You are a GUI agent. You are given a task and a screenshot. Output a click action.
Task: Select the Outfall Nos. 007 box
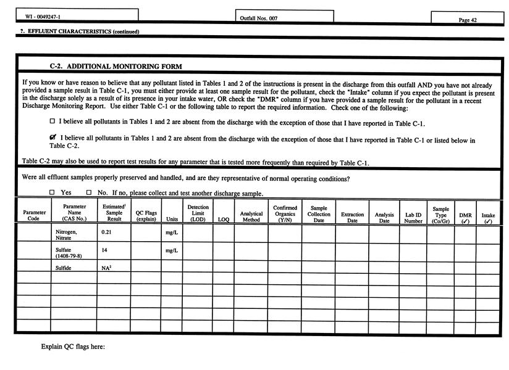(284, 18)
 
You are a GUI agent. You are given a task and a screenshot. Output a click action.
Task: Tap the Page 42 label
(468, 20)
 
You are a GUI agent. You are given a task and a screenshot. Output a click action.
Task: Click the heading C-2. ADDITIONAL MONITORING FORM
(116, 66)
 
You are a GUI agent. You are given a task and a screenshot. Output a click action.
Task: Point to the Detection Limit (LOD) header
(198, 213)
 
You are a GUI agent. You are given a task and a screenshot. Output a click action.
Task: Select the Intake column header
(488, 218)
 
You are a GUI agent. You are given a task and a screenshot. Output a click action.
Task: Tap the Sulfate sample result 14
(105, 250)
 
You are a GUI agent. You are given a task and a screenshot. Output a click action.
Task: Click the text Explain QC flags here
(73, 347)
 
